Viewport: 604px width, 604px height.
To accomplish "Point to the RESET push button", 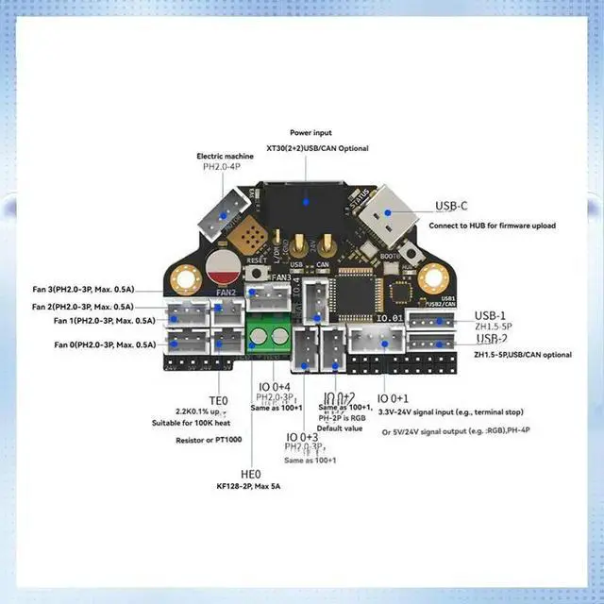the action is (x=254, y=272).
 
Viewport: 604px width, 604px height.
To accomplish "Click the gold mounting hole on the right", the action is (x=432, y=278).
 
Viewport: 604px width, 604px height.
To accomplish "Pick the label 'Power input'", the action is (x=312, y=133).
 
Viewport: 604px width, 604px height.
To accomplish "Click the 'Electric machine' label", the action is (x=223, y=156).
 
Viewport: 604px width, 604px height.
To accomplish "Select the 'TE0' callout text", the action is (x=219, y=399).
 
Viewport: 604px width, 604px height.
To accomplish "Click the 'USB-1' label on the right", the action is (x=491, y=315).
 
